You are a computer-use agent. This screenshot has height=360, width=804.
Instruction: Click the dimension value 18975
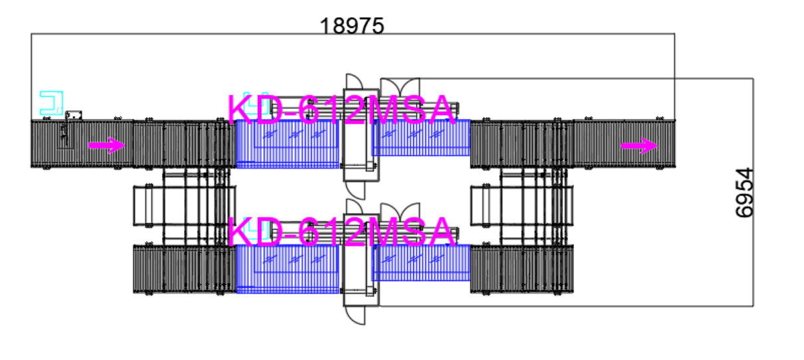(352, 26)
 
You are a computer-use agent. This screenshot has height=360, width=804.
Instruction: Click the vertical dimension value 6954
(745, 193)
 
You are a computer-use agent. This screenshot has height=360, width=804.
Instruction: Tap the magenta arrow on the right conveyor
(639, 146)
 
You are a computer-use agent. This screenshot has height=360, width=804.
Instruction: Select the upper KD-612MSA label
(342, 110)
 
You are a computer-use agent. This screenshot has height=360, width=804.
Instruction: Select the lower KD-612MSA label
(342, 232)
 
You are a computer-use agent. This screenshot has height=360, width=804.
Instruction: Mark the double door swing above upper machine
(399, 86)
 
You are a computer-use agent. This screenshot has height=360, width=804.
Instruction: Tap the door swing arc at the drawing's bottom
(358, 315)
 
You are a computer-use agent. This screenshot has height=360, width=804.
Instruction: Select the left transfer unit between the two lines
(185, 206)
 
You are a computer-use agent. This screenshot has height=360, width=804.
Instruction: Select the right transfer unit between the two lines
(522, 206)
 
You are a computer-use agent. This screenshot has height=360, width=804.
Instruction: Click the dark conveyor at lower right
(522, 269)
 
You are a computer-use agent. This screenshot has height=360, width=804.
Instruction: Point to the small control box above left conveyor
(72, 115)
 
